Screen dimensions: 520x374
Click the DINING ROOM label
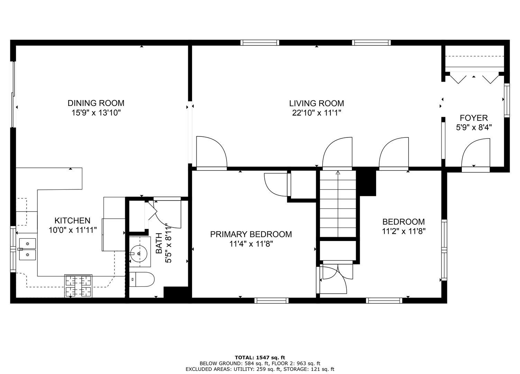pos(96,103)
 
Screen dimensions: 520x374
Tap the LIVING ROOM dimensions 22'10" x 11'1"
pos(317,113)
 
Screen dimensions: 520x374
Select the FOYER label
pos(474,118)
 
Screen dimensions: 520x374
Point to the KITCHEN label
pos(72,221)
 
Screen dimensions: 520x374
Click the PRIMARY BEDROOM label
pos(251,234)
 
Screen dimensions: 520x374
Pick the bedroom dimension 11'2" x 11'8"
pos(404,231)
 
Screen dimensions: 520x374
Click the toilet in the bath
pos(142,279)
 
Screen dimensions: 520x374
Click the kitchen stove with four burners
pos(78,286)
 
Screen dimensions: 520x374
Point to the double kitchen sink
pos(27,249)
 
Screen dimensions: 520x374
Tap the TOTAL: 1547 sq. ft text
pos(260,357)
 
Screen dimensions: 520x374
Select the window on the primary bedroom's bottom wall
pos(271,301)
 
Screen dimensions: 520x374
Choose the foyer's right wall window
pos(507,100)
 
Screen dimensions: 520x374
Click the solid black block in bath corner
pos(176,292)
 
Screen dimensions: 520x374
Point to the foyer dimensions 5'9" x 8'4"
pos(474,127)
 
